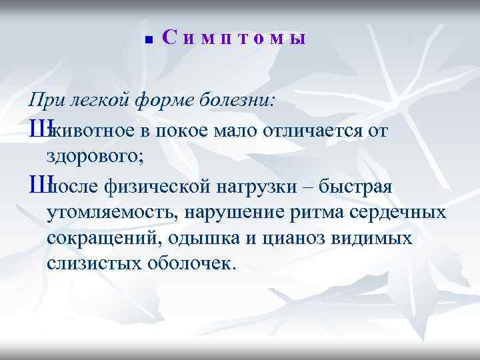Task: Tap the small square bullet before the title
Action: tap(149, 40)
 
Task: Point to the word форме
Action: tap(162, 101)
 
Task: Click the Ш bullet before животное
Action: tap(37, 131)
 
